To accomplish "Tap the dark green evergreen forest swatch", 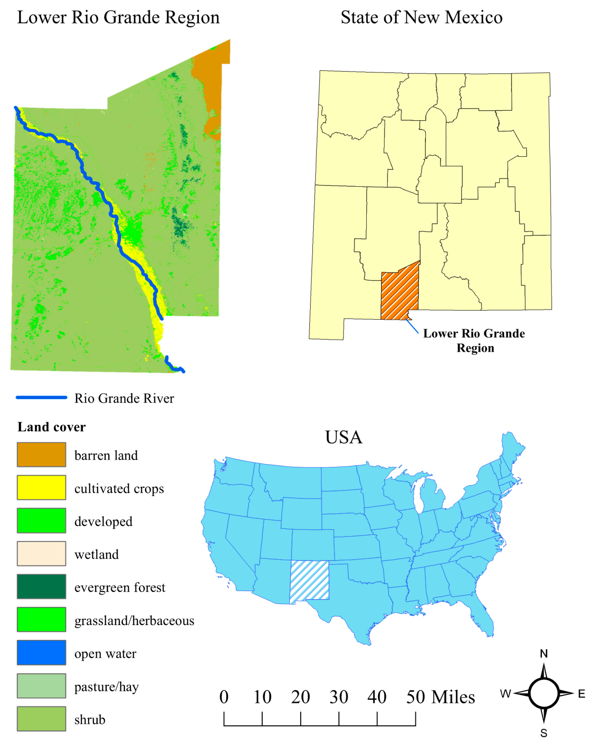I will tap(41, 586).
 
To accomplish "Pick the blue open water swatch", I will tap(41, 652).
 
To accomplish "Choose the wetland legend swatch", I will tap(41, 554).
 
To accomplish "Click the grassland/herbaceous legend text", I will tap(134, 621).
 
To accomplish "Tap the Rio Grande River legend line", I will tap(41, 397).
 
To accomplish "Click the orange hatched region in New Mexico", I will tap(399, 293).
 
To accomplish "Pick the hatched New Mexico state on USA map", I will tap(309, 581).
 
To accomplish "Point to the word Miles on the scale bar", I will tap(453, 697).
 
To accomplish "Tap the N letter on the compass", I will tap(544, 654).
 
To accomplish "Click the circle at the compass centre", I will tap(544, 693).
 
